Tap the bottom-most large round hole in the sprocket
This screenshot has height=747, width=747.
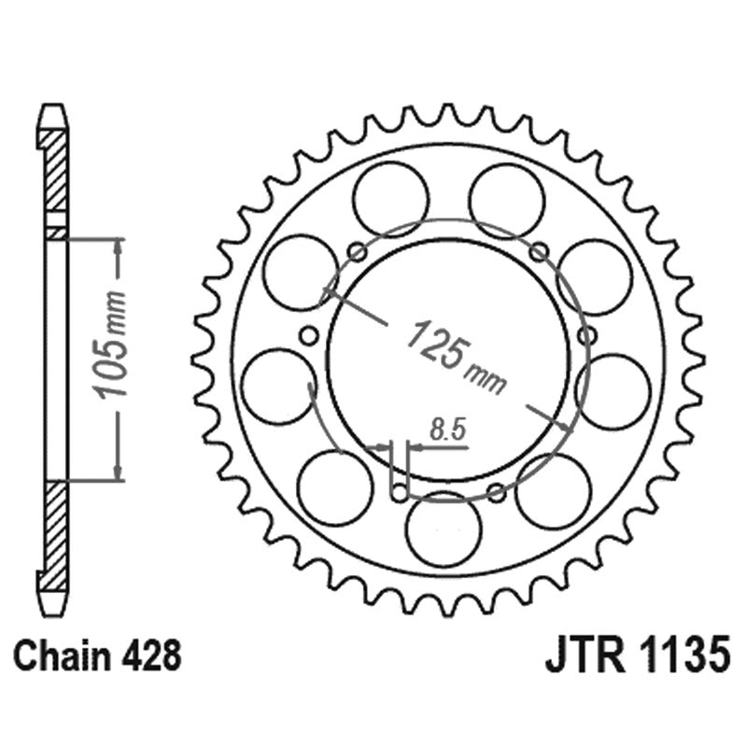coord(444,529)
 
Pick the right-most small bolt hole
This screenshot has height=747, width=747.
coord(586,335)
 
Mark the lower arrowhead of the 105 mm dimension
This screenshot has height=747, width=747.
coord(118,472)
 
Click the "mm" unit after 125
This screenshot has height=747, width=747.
coord(488,377)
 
